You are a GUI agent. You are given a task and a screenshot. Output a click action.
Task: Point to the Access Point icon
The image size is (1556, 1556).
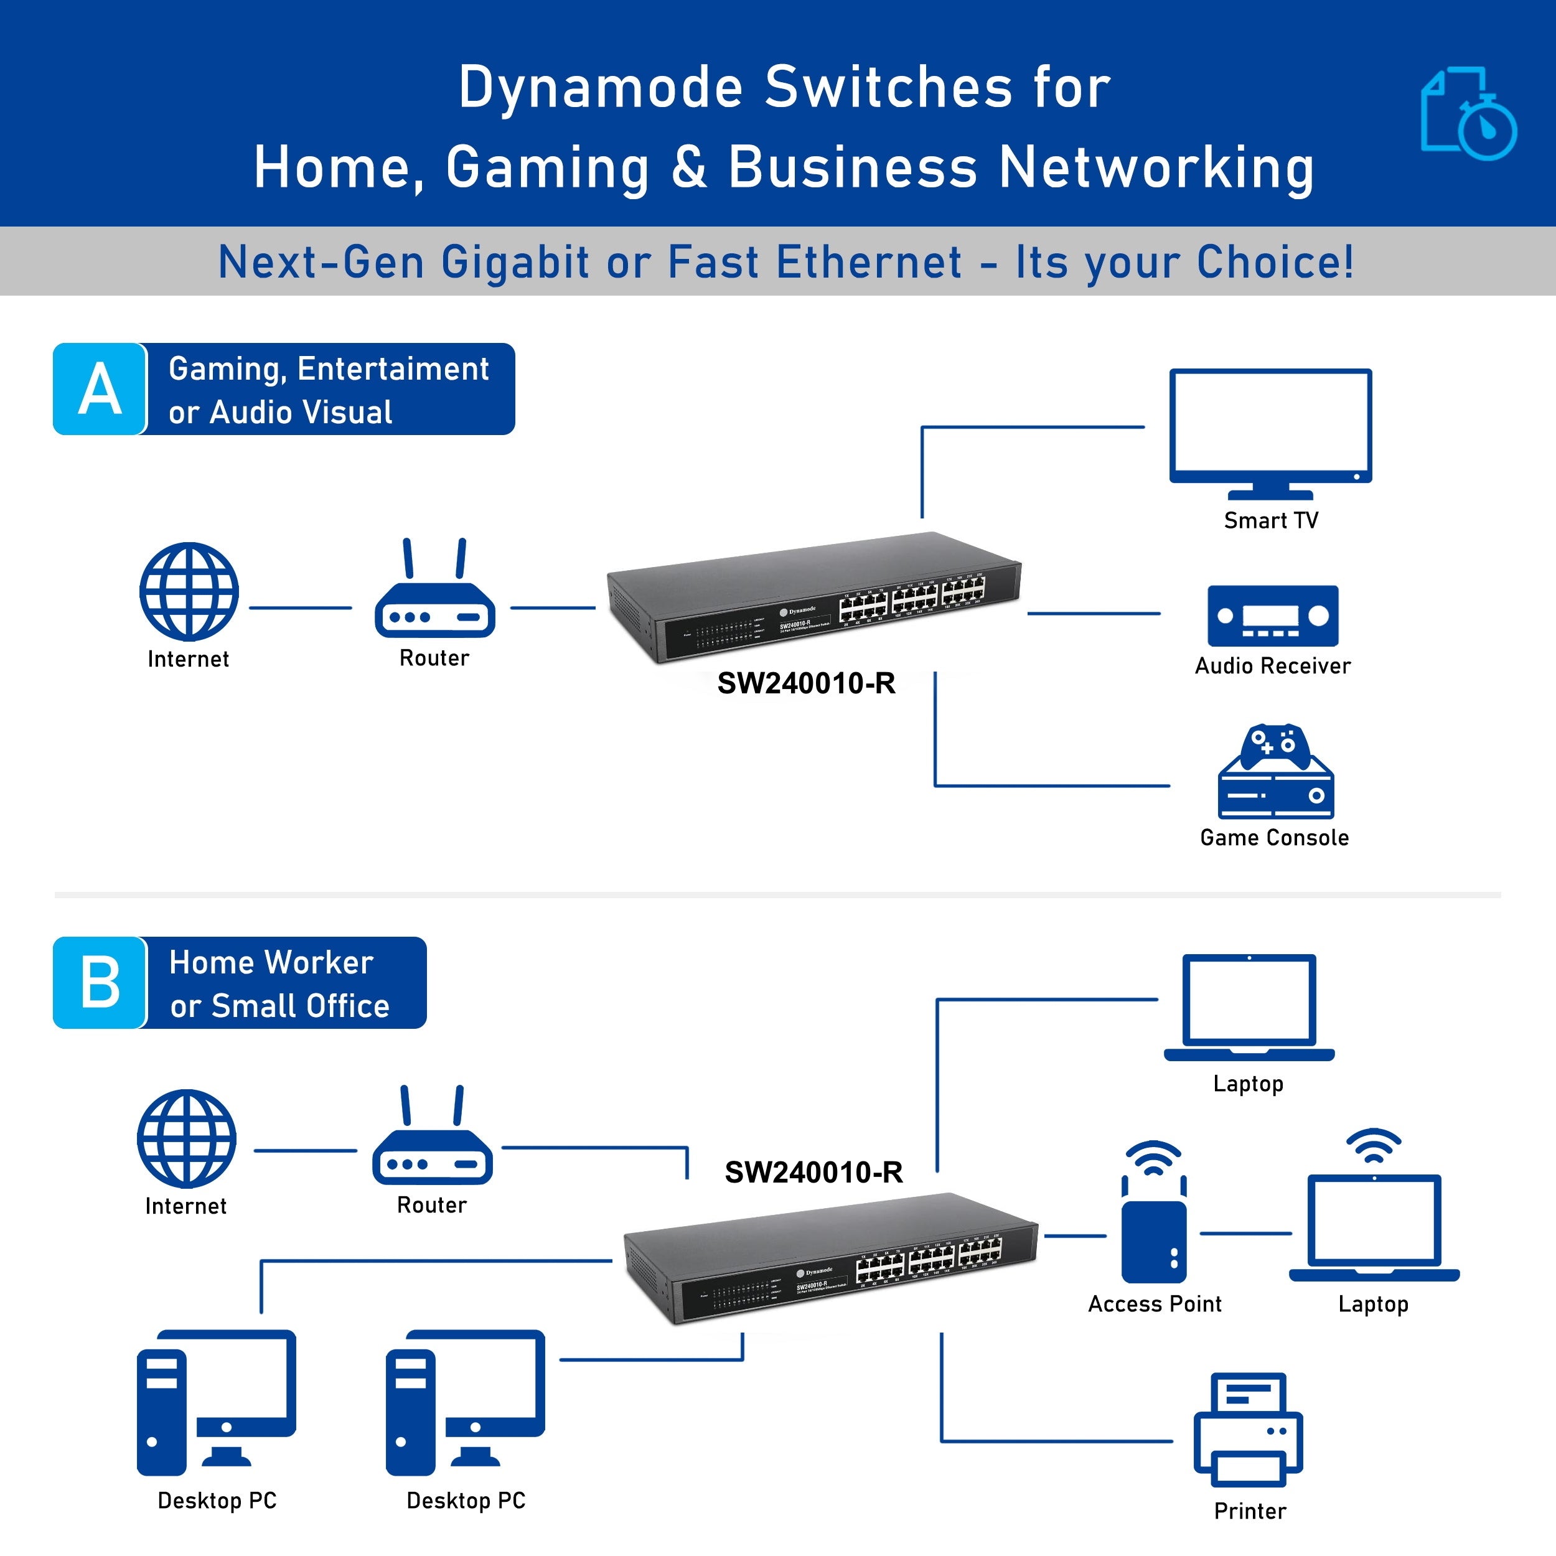1153,1225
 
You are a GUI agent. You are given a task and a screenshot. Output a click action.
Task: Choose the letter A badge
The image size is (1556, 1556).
100,389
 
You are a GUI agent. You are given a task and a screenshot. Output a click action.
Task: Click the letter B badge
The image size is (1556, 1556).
100,983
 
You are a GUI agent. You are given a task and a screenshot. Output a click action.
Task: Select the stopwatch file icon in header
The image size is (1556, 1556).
1468,115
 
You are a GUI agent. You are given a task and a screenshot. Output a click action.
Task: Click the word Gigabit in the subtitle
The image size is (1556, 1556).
515,263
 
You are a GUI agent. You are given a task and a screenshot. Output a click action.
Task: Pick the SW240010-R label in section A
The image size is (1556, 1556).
806,683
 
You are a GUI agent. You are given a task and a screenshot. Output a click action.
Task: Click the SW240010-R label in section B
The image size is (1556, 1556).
813,1172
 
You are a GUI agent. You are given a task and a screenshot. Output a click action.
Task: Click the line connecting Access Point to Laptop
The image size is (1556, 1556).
1245,1233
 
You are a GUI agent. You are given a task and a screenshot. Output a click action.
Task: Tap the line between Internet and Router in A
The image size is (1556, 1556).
301,608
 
